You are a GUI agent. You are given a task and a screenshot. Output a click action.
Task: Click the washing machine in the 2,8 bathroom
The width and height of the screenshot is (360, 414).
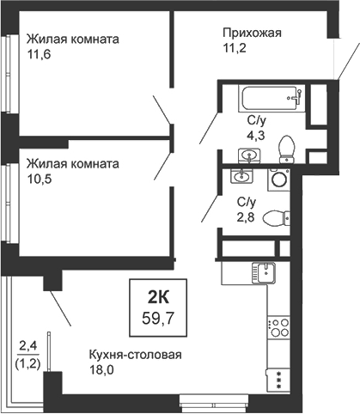point(278,179)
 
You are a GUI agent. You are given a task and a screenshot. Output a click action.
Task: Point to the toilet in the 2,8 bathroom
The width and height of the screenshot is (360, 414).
point(274,217)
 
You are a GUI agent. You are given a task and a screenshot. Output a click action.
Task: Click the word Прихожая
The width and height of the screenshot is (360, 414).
point(252,33)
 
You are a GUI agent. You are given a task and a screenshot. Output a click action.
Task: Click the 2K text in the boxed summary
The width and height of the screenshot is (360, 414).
point(159,297)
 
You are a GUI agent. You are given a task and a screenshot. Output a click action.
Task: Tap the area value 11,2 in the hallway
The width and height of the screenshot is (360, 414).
point(235,50)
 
